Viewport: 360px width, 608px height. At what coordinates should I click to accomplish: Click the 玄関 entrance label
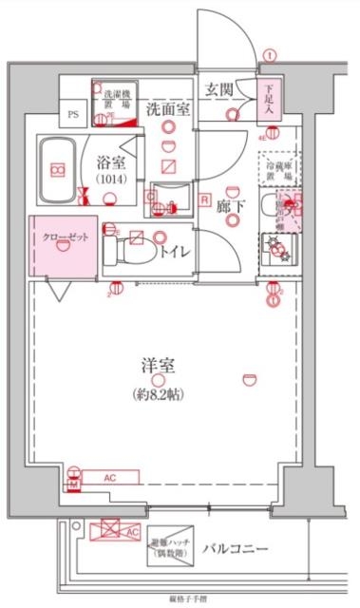[x=219, y=91]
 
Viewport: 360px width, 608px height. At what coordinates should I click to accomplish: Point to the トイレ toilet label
[x=173, y=252]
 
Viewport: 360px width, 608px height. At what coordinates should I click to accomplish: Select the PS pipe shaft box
[x=73, y=113]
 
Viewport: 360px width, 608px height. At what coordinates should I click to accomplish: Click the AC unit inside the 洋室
[x=110, y=477]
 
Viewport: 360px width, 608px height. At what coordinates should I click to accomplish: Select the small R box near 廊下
[x=205, y=199]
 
